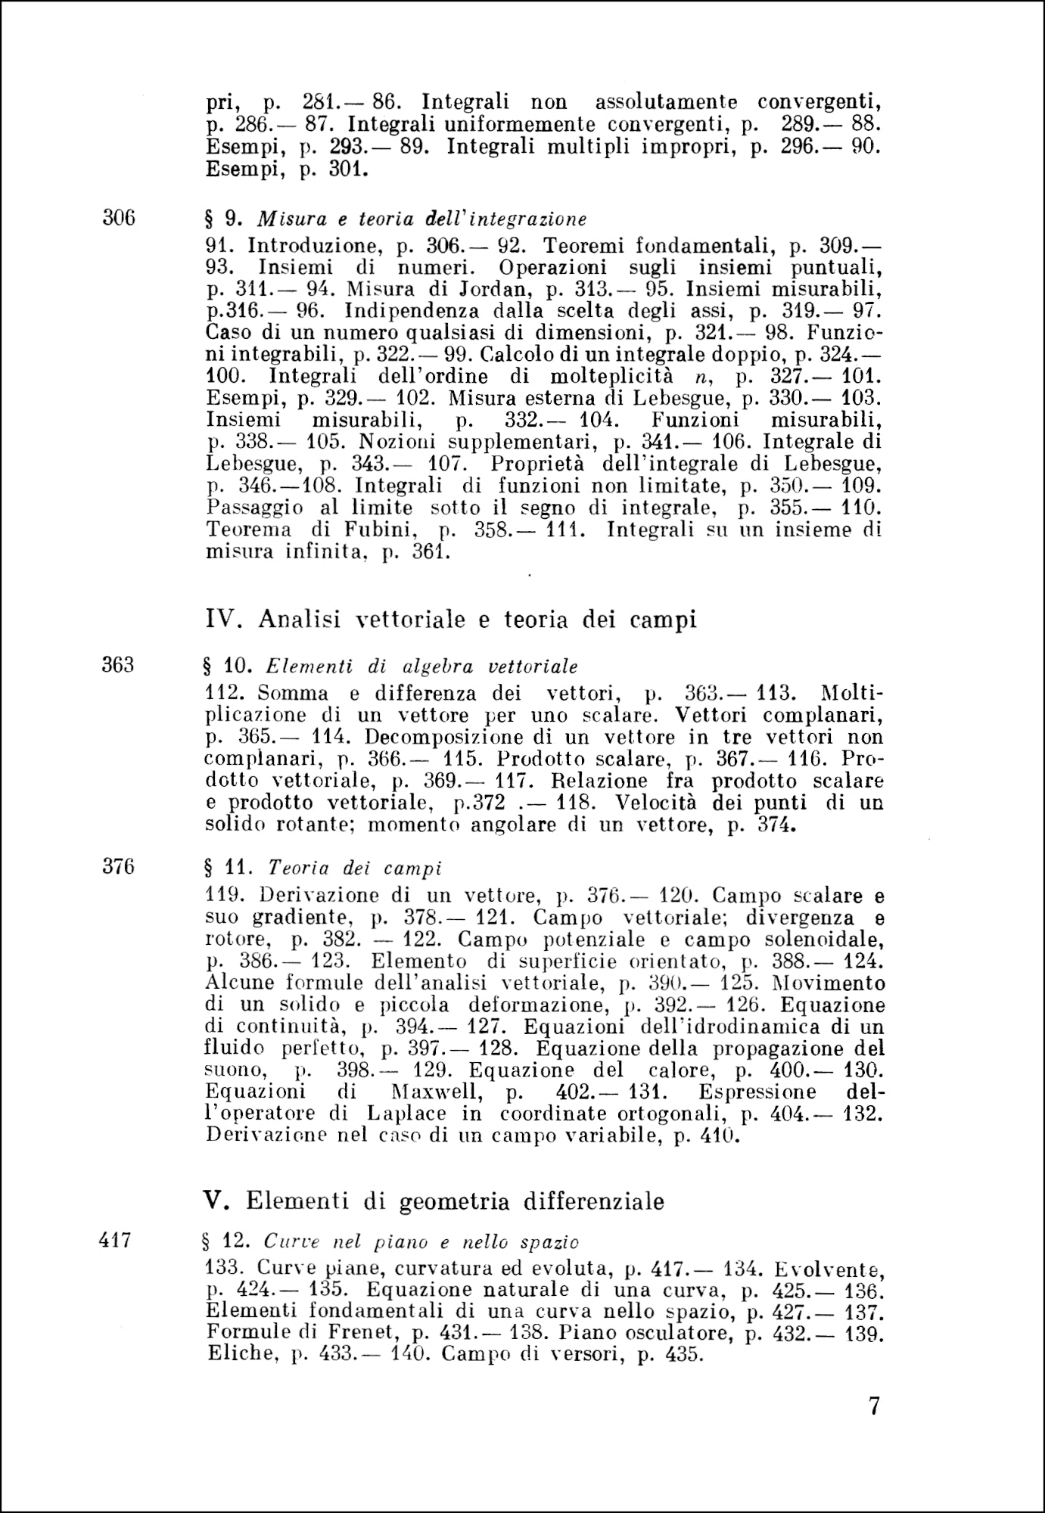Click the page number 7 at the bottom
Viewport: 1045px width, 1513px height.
point(874,1407)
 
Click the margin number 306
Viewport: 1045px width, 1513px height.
point(118,218)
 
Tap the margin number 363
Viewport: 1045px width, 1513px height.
point(118,665)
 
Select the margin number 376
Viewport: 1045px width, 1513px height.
point(118,866)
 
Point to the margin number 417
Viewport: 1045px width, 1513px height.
point(116,1240)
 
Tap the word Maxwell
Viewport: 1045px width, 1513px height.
point(431,1092)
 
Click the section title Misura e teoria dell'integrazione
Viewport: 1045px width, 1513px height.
point(422,219)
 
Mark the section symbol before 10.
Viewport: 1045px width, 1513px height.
point(209,666)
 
